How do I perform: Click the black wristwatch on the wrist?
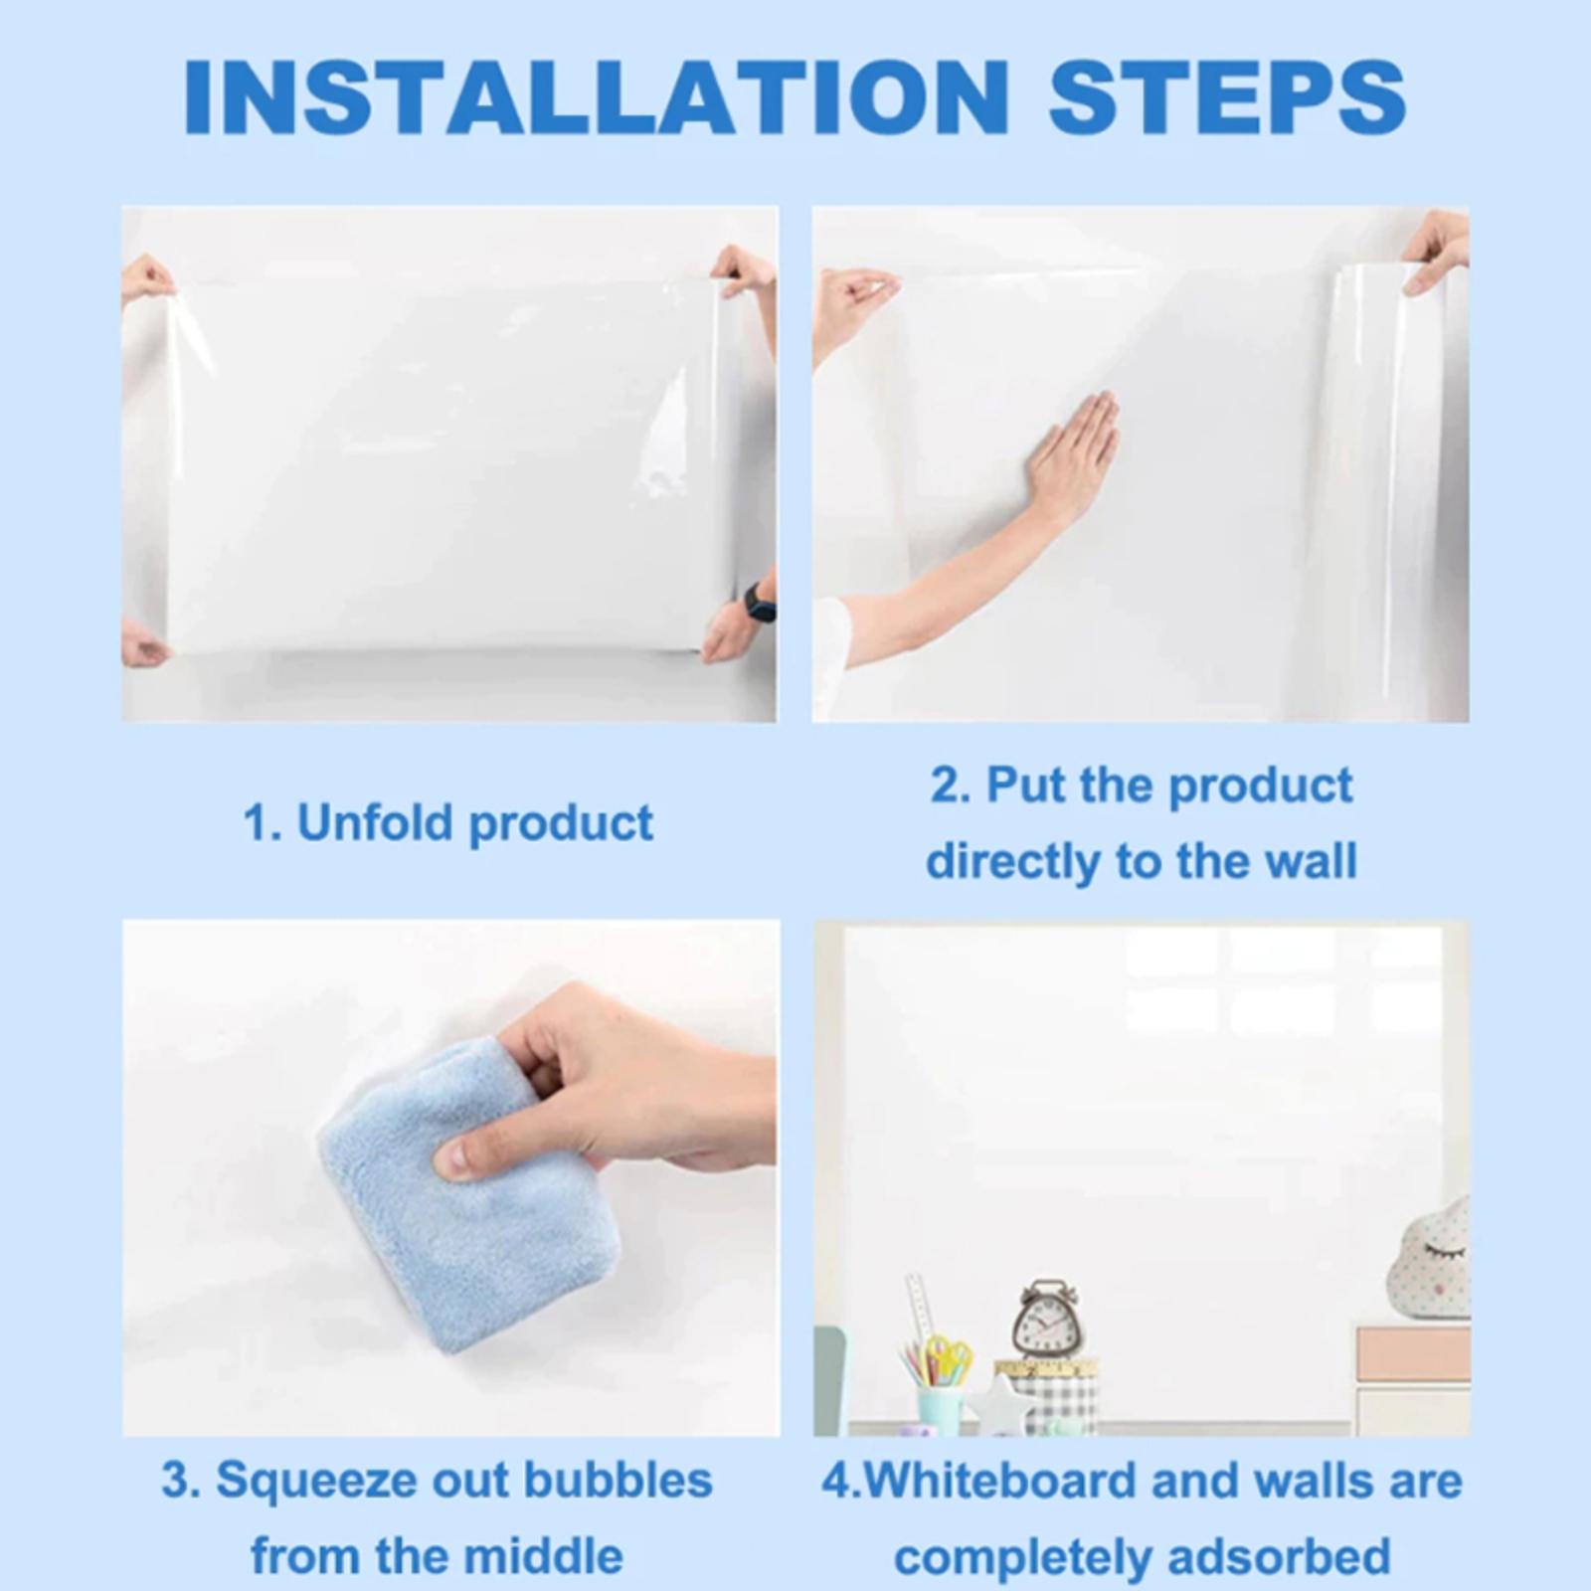tap(760, 603)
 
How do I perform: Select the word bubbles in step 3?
tap(618, 1480)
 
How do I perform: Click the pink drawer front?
tap(1413, 1353)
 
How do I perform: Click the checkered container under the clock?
tap(1054, 1397)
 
